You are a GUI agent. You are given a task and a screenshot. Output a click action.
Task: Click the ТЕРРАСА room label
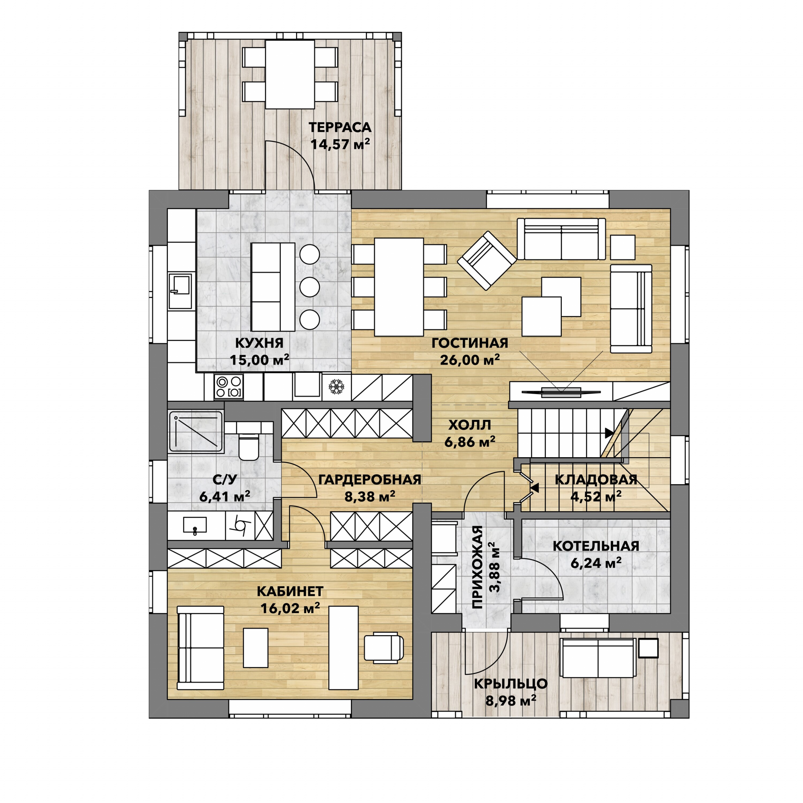click(340, 127)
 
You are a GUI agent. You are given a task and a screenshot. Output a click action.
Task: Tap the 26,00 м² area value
click(470, 360)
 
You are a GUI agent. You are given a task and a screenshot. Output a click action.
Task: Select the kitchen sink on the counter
click(180, 291)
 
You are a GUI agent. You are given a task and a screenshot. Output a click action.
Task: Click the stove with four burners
click(229, 387)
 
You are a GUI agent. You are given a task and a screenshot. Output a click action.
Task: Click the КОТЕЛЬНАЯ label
click(596, 546)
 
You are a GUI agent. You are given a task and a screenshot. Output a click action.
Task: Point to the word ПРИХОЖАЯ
click(478, 567)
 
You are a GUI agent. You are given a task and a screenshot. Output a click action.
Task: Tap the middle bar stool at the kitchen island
click(310, 287)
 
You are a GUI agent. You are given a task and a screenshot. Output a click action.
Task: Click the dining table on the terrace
click(290, 74)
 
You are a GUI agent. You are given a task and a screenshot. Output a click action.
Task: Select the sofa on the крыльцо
click(598, 658)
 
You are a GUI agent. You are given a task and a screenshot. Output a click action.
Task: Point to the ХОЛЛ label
click(470, 425)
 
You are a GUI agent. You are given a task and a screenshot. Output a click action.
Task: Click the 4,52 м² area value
click(596, 496)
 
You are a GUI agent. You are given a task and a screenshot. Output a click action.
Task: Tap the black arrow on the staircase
click(609, 433)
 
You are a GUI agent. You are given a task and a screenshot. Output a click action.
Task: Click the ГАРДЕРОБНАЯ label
click(370, 480)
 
